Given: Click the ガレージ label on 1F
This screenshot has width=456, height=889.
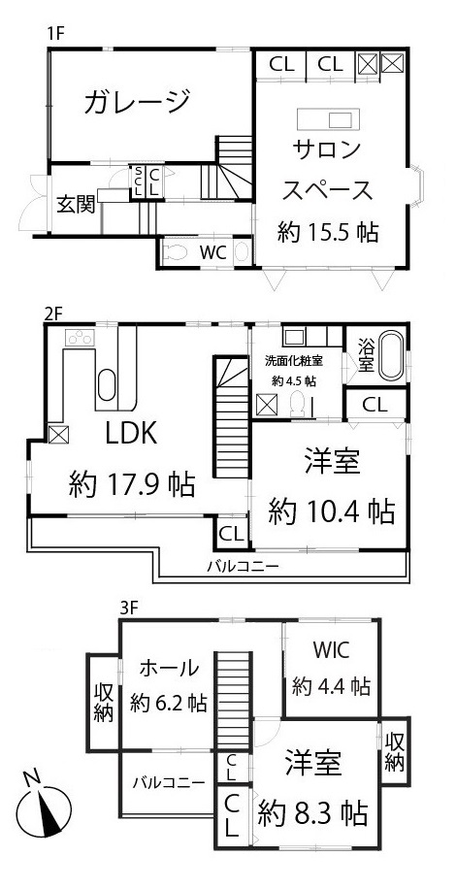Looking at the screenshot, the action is coord(137,103).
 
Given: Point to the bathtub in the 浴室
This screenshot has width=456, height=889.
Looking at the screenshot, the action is coord(390,356).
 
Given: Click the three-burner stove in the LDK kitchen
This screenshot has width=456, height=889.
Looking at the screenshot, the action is coord(80,338).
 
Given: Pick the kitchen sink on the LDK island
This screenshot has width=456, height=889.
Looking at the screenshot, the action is coord(107,385).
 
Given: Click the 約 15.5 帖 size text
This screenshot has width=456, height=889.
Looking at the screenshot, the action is coord(327,233).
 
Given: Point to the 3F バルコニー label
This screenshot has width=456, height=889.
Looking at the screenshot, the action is coord(169,783).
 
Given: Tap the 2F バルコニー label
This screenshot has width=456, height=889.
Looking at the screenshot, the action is coord(243,566).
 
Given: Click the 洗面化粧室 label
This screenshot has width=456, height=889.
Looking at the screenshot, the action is coord(292,360).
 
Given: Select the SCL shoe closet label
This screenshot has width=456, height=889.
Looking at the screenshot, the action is coord(138,181).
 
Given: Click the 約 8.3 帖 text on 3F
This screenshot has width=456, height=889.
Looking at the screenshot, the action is coord(313,814).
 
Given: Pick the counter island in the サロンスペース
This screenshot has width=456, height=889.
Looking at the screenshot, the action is coord(328,120).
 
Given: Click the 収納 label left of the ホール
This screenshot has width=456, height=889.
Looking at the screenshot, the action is coord(103,703).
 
